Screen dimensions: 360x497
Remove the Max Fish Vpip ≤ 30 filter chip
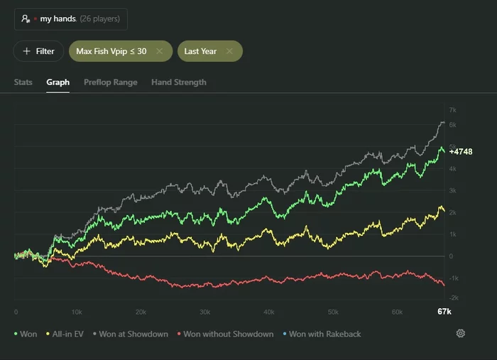tap(160, 51)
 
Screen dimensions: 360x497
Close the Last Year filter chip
tap(229, 51)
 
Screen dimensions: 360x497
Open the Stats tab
tap(23, 82)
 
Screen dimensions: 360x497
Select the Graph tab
tap(58, 82)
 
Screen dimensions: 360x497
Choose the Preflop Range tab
tap(111, 82)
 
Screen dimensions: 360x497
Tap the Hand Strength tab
tap(179, 82)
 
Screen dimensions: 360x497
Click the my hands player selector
tap(70, 19)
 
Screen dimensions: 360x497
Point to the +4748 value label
tap(461, 151)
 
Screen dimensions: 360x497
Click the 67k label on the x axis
tap(444, 312)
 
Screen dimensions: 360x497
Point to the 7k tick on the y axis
tap(452, 110)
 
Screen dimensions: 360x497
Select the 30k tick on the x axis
tap(204, 312)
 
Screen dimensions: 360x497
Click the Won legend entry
tap(26, 334)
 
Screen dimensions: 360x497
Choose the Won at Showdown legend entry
tap(129, 334)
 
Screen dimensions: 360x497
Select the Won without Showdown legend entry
tap(224, 334)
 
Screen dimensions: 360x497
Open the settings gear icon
tap(460, 334)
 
